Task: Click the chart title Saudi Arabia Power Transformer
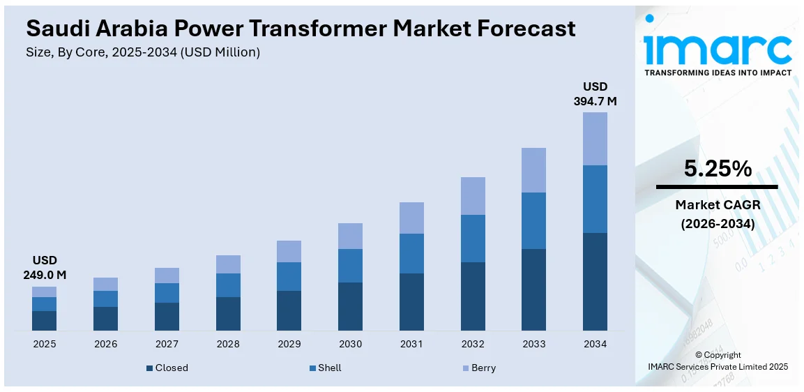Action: coord(301,29)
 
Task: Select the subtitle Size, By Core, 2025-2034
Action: coord(143,52)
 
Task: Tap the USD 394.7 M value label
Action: coord(595,93)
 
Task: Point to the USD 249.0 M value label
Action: coord(44,267)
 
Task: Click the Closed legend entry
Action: coord(167,368)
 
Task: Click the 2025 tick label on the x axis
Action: coord(44,344)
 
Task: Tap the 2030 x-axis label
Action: coord(350,344)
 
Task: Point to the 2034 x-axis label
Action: coord(595,344)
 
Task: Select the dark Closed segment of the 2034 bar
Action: coord(595,281)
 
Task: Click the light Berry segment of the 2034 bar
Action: coord(595,139)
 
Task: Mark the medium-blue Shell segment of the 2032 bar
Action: coord(473,239)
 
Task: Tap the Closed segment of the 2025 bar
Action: coord(44,320)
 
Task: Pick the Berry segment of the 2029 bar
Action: coord(289,251)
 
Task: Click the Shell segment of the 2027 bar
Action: coord(167,293)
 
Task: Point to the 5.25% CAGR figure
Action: coord(718,169)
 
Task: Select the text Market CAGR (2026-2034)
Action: coord(718,214)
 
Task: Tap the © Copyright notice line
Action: coord(718,355)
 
